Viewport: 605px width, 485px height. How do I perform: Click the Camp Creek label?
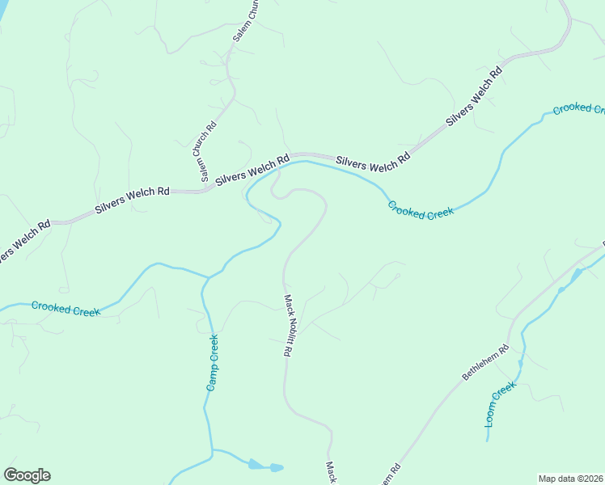coord(213,362)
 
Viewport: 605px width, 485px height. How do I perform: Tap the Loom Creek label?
coord(500,404)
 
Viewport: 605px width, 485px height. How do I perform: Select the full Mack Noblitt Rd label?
coord(287,325)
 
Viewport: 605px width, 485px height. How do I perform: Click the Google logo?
coord(27,475)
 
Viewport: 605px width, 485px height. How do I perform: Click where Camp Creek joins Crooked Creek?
coord(209,277)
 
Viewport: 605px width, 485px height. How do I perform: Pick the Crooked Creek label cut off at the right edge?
coord(578,108)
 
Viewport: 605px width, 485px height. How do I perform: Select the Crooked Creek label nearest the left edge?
coord(65,308)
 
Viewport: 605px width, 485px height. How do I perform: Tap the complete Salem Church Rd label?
coord(204,151)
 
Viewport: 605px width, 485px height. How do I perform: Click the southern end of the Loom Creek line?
coord(488,441)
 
